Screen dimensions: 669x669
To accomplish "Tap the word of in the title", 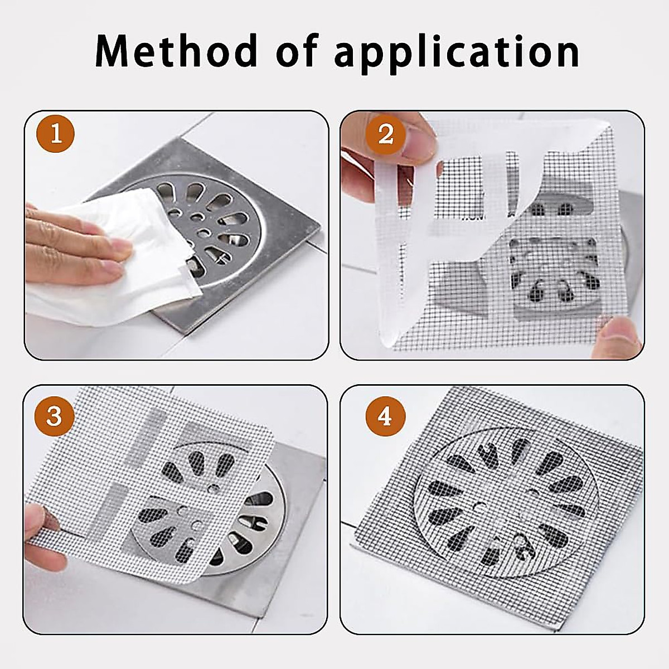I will pos(298,51).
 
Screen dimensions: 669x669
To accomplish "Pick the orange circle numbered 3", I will pos(54,416).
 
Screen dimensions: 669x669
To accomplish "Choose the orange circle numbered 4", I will pos(385,416).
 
